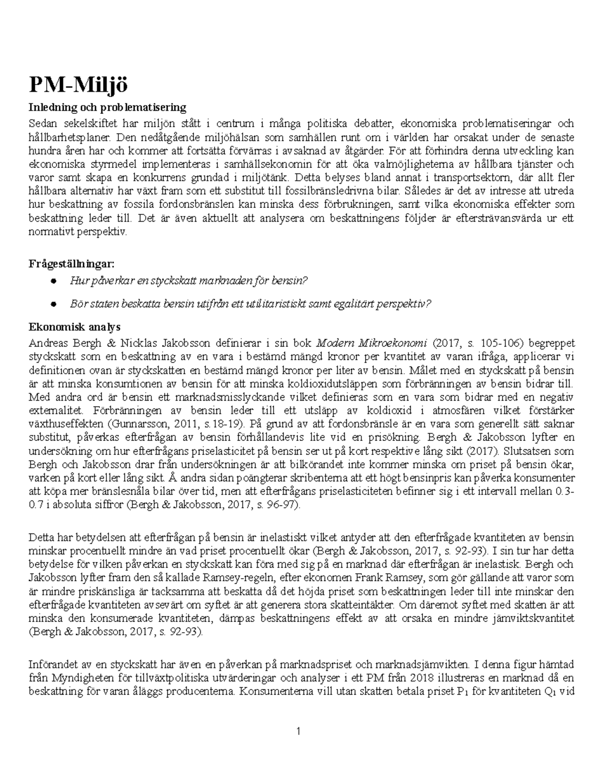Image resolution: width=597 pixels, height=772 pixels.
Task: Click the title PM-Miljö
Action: tap(78, 86)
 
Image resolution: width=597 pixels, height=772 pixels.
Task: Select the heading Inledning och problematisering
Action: tap(107, 107)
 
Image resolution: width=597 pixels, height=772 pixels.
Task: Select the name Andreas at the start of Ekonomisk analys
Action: tap(48, 343)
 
